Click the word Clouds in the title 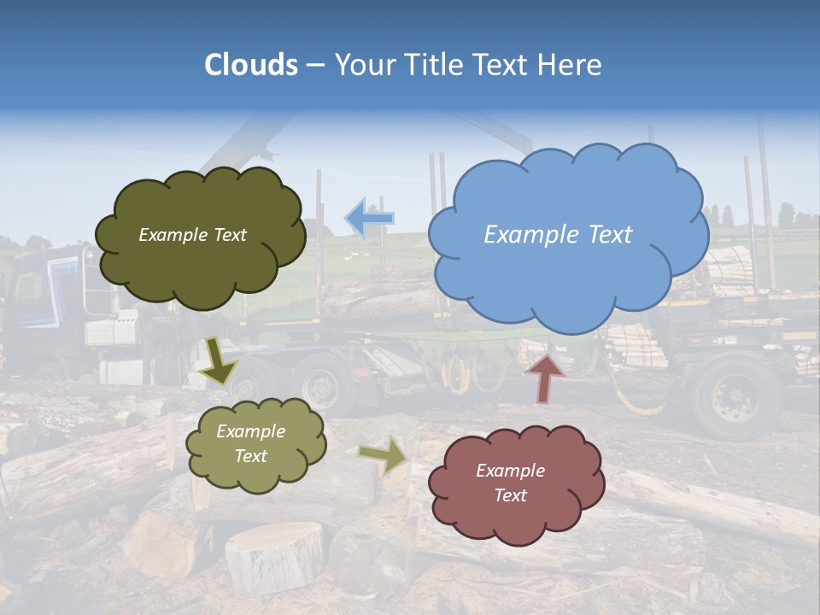(x=251, y=65)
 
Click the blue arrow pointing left (x=369, y=218)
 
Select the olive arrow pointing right (x=384, y=454)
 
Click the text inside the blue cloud (x=558, y=235)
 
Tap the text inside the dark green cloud (x=192, y=235)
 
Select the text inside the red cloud (x=510, y=483)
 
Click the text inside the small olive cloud (x=250, y=443)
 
